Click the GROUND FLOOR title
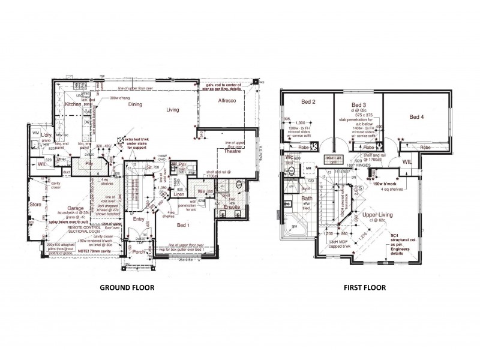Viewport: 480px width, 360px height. (x=127, y=287)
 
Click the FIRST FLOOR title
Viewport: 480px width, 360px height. (x=364, y=287)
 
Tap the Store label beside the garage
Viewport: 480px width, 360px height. (x=35, y=204)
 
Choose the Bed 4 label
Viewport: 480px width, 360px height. (x=415, y=118)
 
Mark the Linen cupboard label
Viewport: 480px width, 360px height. (x=178, y=194)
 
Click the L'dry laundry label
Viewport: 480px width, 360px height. (x=44, y=136)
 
